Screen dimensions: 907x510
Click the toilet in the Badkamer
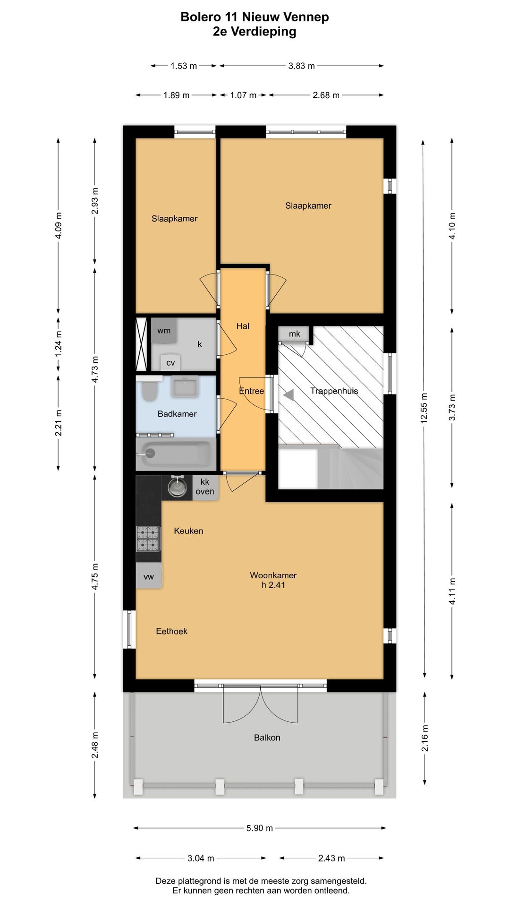(150, 391)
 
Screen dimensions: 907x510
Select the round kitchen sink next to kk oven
(177, 488)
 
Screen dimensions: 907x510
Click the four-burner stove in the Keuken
(148, 539)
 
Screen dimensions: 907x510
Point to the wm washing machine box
(164, 330)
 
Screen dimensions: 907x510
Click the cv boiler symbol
(170, 362)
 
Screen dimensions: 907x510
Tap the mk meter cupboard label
(294, 334)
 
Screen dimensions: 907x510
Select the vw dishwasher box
(149, 576)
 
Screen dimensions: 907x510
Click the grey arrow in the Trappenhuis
(289, 394)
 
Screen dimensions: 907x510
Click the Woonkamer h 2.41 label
(273, 580)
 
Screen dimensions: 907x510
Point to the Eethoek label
(171, 631)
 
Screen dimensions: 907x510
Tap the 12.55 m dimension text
(424, 408)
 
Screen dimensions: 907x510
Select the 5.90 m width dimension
(259, 828)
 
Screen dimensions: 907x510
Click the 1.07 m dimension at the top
(243, 95)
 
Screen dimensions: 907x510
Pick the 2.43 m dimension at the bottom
(331, 858)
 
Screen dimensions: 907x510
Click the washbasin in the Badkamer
(185, 387)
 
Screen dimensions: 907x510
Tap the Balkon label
(267, 737)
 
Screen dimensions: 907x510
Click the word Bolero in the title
(200, 17)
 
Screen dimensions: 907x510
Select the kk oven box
(205, 487)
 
